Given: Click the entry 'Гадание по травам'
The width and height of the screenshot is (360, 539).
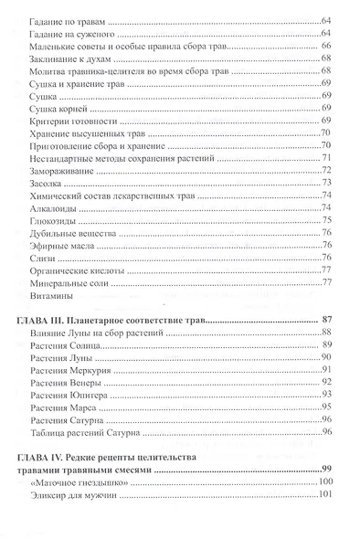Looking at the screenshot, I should click(x=69, y=19).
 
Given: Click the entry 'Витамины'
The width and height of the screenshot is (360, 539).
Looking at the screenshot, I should click(x=52, y=295).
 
